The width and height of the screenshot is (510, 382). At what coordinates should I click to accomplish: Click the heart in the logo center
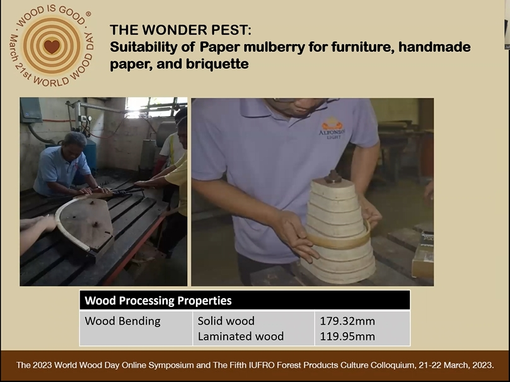[x=52, y=47]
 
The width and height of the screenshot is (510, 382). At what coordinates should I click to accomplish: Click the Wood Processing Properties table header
[x=158, y=301]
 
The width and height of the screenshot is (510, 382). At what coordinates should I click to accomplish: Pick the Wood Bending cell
[x=123, y=321]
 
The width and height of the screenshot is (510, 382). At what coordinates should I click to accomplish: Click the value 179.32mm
[x=347, y=321]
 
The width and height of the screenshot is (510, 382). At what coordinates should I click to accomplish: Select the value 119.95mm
[x=347, y=336]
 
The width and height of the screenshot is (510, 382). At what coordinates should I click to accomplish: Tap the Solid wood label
[x=226, y=321]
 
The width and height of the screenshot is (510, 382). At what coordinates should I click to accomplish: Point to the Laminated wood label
[x=241, y=336]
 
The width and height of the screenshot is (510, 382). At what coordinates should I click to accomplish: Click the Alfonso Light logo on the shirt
[x=332, y=128]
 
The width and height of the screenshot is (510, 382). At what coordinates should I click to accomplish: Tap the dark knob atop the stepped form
[x=332, y=177]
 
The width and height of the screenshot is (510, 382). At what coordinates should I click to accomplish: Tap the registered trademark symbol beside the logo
[x=88, y=14]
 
